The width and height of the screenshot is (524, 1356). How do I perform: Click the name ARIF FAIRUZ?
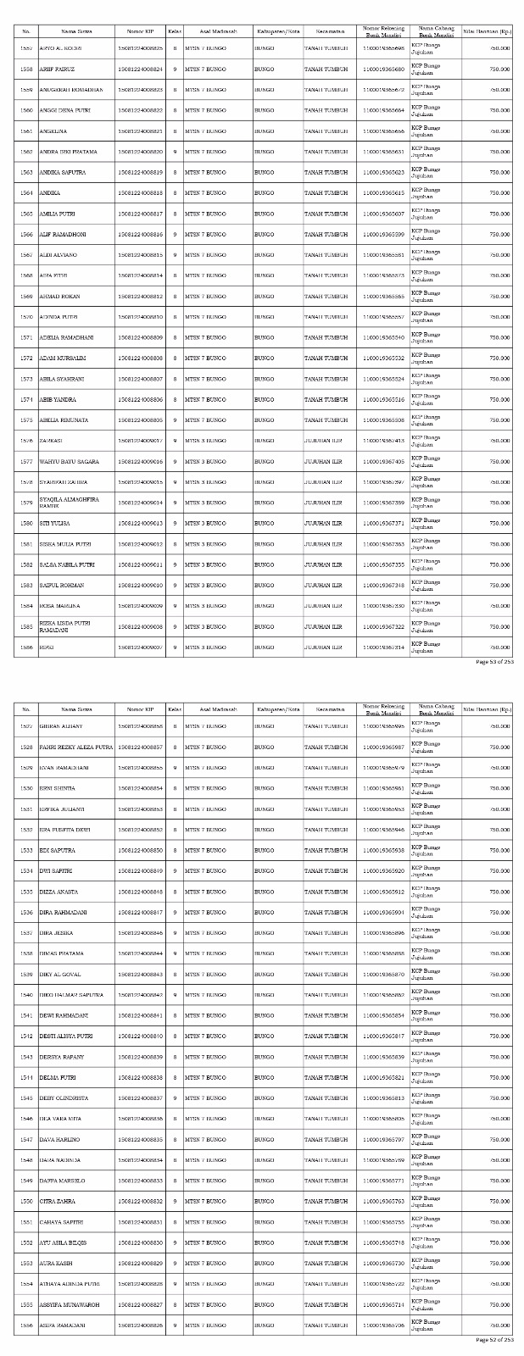[x=57, y=69]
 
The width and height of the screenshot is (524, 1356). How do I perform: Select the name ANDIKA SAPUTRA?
[x=62, y=172]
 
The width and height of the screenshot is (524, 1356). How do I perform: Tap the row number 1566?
[x=26, y=234]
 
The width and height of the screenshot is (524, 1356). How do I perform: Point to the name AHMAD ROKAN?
[x=59, y=296]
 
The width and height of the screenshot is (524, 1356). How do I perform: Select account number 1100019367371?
[x=383, y=524]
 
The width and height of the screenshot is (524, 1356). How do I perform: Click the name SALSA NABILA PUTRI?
[x=67, y=564]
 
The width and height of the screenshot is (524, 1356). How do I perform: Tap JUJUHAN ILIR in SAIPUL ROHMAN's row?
[x=323, y=586]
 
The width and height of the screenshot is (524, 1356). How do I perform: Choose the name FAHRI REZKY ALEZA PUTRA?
[x=75, y=747]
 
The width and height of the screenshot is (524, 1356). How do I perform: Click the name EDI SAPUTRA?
[x=58, y=850]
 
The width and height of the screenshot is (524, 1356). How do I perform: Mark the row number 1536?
[x=26, y=912]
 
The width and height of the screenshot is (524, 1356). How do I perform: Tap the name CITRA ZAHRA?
[x=57, y=1201]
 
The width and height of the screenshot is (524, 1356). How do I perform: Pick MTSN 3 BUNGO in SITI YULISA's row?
[x=204, y=524]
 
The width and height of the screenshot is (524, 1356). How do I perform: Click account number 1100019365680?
[x=383, y=69]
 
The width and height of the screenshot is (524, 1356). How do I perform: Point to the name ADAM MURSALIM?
[x=63, y=358]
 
